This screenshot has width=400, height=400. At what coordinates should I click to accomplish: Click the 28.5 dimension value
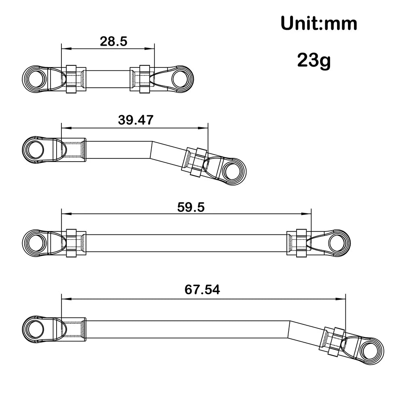coord(108,41)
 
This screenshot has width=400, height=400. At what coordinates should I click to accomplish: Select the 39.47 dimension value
coord(135,120)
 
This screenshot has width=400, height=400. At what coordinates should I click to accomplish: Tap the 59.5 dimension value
coord(191,206)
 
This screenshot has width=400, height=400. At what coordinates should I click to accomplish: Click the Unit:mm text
coord(319,24)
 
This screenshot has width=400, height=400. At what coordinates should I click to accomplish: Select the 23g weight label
coord(314,60)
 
